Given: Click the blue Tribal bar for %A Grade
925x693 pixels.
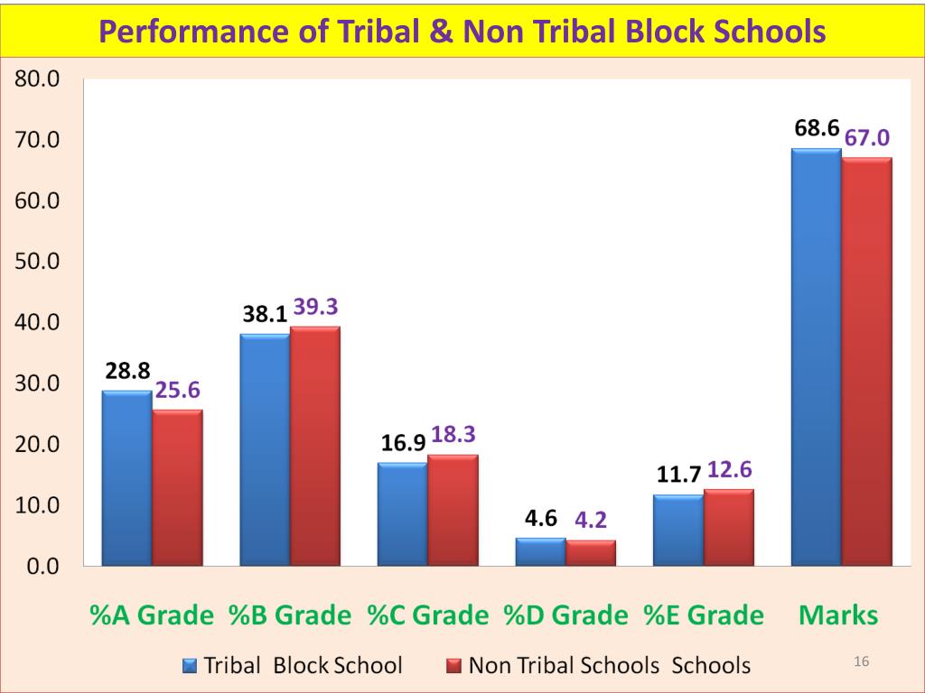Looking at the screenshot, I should [126, 478].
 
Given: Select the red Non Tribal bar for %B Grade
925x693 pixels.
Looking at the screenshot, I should [314, 446].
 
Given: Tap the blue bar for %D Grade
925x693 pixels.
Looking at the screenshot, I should [540, 552].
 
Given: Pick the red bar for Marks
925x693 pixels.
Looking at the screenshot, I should [866, 361].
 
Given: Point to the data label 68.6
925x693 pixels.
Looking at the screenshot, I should [817, 129].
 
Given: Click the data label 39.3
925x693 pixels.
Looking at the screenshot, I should [316, 308].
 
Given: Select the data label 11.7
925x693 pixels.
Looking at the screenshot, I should [678, 475].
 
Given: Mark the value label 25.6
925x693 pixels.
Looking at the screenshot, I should [178, 391].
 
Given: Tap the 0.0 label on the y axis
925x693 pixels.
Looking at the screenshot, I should [42, 567].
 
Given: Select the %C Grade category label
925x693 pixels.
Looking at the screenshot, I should [427, 615].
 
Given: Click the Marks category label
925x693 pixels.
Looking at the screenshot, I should [838, 615].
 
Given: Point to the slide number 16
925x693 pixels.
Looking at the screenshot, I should [861, 662].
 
